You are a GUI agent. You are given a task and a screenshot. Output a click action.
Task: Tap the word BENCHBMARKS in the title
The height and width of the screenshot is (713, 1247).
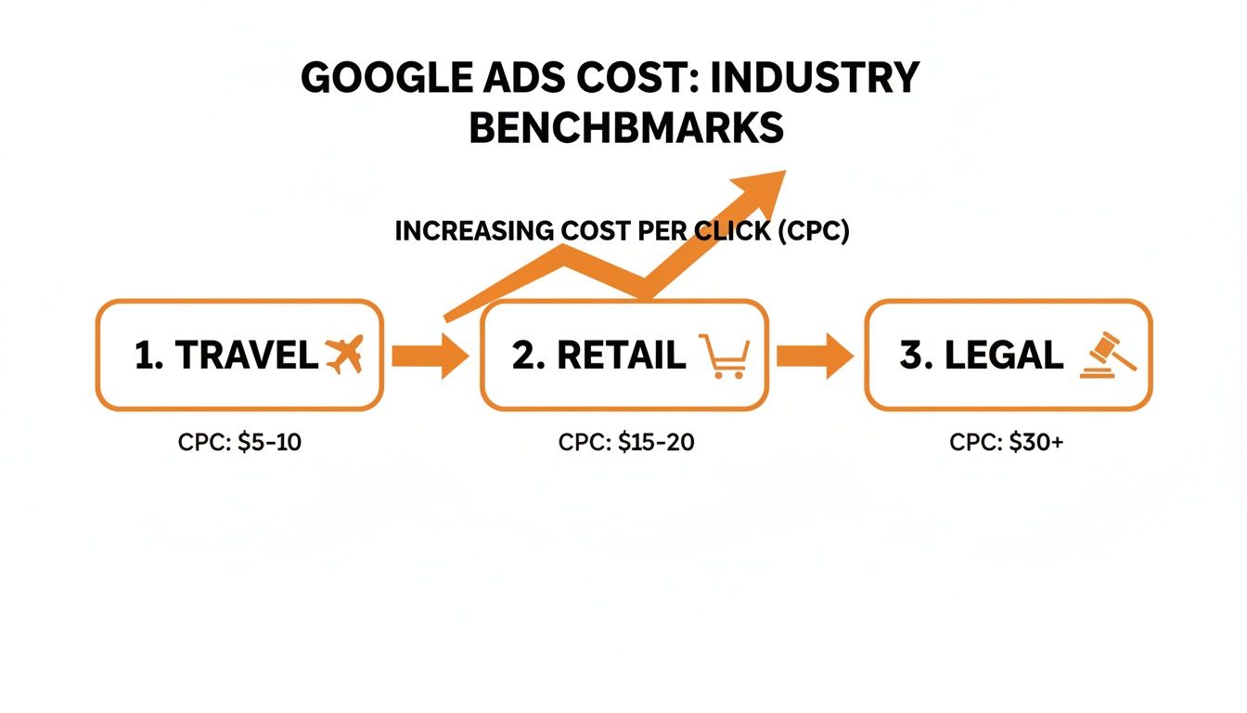click(x=626, y=128)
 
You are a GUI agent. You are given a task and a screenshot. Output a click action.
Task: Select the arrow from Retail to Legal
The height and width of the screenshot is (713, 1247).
click(x=815, y=356)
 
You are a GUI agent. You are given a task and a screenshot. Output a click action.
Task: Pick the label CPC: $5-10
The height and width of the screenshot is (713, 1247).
click(x=239, y=443)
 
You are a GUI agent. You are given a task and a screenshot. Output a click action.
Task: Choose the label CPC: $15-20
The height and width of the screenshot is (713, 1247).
click(x=626, y=443)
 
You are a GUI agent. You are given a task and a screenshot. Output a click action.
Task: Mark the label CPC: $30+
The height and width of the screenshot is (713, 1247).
click(x=1007, y=443)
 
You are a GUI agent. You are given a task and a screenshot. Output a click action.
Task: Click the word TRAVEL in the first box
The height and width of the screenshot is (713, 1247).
click(x=246, y=356)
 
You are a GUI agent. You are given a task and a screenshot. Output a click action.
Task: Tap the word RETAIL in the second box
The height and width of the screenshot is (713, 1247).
click(x=623, y=356)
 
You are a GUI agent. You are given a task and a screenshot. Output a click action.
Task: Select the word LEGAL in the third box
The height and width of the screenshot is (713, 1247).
click(x=1004, y=356)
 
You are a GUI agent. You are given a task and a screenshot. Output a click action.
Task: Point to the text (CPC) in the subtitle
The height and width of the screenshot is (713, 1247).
click(x=814, y=231)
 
